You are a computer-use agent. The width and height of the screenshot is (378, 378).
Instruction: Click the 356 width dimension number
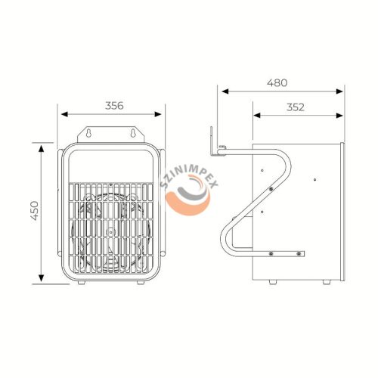coord(114,105)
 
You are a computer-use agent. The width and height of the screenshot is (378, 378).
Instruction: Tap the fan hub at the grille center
coord(110,231)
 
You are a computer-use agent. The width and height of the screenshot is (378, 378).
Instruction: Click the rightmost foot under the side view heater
coord(326,282)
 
